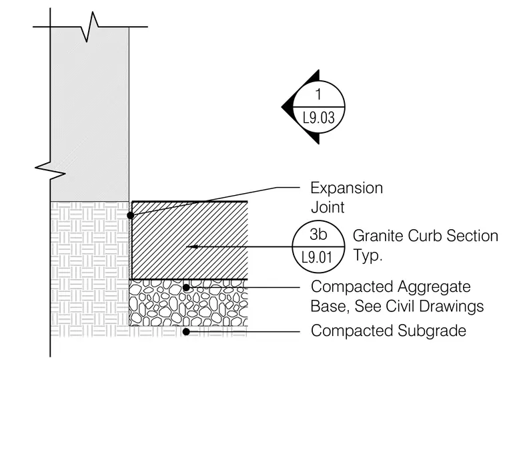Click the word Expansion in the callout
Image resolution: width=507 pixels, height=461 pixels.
click(x=347, y=188)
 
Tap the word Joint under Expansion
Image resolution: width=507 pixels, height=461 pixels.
click(x=328, y=207)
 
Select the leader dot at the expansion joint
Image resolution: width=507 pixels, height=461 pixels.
click(x=130, y=215)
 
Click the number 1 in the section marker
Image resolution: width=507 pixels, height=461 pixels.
click(x=318, y=94)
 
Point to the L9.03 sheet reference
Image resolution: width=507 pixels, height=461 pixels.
click(x=318, y=118)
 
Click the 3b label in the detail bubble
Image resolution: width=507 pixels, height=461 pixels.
click(x=318, y=235)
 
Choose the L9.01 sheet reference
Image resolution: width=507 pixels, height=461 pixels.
click(x=317, y=258)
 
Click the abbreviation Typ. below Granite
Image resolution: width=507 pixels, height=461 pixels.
click(x=368, y=255)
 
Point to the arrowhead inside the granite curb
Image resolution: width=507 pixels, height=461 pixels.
click(x=192, y=247)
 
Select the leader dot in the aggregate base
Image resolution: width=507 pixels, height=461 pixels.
click(x=186, y=287)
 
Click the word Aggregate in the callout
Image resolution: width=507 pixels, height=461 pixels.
click(x=434, y=287)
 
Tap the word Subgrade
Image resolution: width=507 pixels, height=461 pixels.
click(x=432, y=331)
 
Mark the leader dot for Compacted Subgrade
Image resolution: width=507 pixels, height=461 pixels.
click(x=186, y=332)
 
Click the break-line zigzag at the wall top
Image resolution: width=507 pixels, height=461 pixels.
click(x=89, y=27)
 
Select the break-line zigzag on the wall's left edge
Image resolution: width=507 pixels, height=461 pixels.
click(x=50, y=170)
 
